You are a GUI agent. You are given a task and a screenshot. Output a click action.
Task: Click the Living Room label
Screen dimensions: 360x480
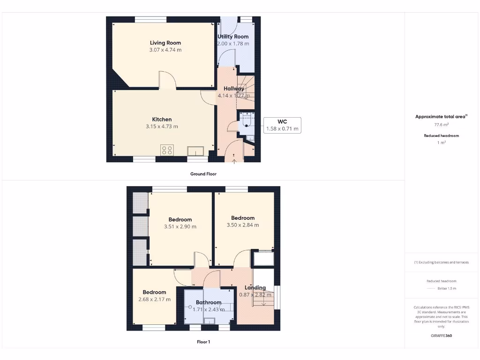click(x=165, y=43)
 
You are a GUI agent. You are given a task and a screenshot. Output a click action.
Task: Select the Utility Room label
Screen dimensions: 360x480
click(x=233, y=37)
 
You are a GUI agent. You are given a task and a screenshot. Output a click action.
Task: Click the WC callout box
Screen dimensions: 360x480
click(x=282, y=125)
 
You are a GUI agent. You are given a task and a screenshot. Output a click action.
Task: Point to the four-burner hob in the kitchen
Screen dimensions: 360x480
click(x=167, y=150)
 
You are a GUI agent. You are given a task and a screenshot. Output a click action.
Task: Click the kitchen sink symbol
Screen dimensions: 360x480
click(x=195, y=150)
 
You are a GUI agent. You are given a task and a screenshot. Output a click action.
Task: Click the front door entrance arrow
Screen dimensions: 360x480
click(x=234, y=162)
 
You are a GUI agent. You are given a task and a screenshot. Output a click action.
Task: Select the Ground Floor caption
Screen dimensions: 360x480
click(x=203, y=174)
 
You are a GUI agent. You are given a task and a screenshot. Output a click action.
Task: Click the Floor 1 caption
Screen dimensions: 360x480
click(x=203, y=342)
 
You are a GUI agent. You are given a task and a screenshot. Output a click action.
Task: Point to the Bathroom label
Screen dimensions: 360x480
click(x=209, y=302)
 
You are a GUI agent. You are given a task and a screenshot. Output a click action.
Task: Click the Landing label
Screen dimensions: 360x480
click(x=255, y=288)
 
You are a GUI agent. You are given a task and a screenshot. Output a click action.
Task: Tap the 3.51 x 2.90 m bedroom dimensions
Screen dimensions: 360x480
click(x=180, y=227)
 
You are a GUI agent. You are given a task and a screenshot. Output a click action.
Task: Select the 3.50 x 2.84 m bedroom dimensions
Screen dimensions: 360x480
click(x=243, y=225)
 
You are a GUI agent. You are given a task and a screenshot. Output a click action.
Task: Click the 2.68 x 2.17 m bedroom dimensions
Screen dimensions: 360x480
click(x=154, y=300)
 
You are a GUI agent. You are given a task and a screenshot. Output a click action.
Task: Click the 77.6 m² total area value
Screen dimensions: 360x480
click(x=441, y=125)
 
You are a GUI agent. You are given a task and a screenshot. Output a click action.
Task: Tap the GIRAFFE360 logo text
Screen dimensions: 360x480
click(x=441, y=336)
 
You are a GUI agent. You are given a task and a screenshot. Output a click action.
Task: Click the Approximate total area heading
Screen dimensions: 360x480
click(x=441, y=117)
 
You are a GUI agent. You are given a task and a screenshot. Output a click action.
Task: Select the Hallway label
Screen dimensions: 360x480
click(x=234, y=89)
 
